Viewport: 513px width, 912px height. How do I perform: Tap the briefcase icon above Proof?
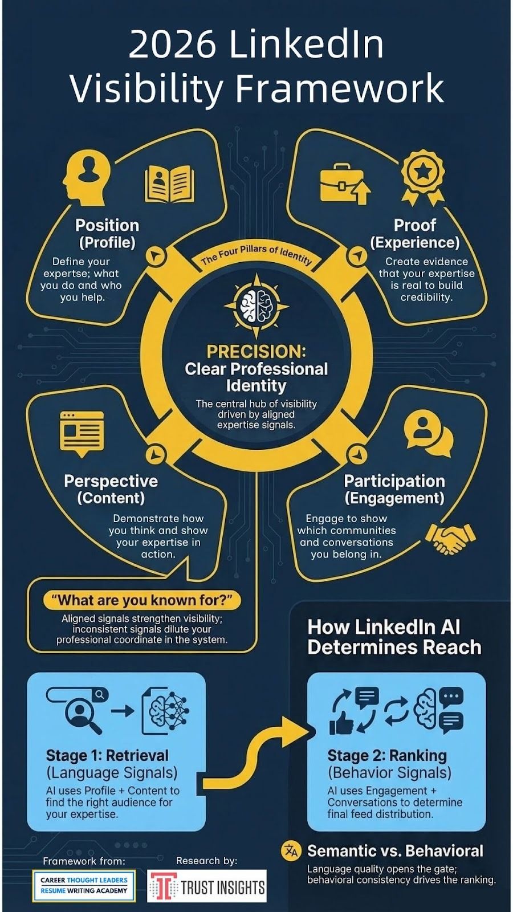[345, 184]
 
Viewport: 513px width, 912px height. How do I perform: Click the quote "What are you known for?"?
[142, 601]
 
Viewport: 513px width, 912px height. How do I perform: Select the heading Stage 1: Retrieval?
[107, 756]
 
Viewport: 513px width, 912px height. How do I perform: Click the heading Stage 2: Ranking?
[387, 756]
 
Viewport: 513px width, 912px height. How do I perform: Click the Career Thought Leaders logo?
[84, 886]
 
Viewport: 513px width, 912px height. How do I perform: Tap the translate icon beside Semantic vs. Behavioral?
[291, 851]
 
